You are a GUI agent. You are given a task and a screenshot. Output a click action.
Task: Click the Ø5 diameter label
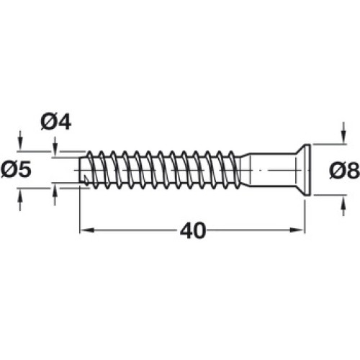point(16,170)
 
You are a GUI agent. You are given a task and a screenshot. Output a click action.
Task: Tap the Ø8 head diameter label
point(344,171)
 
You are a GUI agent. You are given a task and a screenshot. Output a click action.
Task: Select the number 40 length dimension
point(193,230)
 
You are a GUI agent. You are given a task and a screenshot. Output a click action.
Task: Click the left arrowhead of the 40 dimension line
point(86,230)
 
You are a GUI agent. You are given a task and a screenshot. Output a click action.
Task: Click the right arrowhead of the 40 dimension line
point(297,230)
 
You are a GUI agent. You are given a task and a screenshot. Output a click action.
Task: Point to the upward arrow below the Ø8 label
point(344,206)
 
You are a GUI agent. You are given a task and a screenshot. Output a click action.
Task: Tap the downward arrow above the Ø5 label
point(20,140)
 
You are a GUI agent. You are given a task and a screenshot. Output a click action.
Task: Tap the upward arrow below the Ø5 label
point(20,200)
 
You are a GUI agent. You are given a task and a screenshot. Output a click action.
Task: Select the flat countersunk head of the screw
point(305,170)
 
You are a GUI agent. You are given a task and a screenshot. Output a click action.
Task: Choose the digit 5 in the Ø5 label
point(25,170)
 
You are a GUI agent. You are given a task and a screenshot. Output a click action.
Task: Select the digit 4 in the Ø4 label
point(65,122)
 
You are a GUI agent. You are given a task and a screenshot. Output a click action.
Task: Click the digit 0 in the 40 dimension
point(199,231)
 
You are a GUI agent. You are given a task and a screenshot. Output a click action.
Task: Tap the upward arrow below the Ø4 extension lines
point(55,195)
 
